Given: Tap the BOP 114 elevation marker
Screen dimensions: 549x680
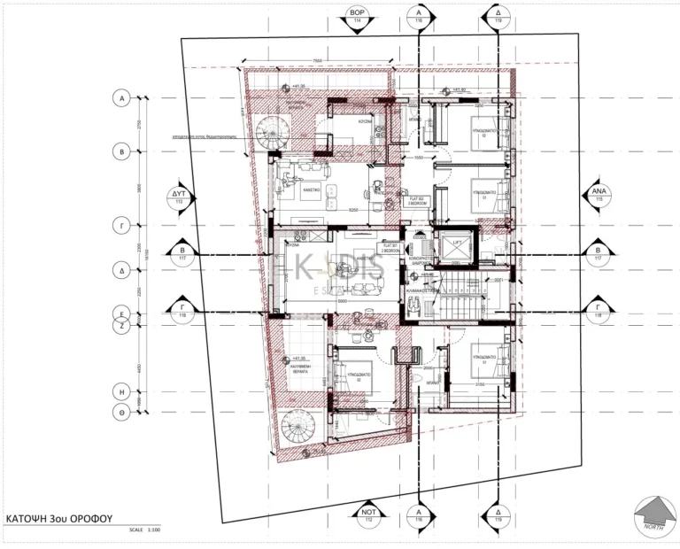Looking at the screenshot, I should [x=358, y=18].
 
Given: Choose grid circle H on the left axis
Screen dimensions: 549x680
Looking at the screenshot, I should [x=121, y=390].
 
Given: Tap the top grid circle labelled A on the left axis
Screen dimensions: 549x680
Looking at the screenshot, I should [x=121, y=98].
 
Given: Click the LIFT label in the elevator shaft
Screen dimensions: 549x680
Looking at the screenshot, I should [x=457, y=241].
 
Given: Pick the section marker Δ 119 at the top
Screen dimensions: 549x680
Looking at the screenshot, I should [x=494, y=18].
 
